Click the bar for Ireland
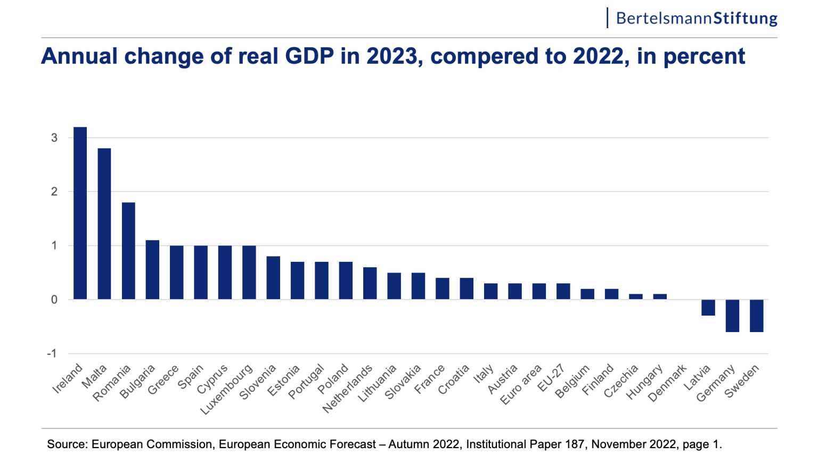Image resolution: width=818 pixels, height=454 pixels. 80,213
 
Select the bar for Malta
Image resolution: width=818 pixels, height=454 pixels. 104,224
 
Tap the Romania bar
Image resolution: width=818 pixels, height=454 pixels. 128,251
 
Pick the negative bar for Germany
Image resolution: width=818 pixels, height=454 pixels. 732,316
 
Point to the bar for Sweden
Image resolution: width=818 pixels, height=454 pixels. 756,316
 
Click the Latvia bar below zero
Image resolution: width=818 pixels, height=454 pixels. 708,308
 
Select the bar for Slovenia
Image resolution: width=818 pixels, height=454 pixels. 273,278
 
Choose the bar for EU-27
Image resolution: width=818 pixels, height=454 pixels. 563,291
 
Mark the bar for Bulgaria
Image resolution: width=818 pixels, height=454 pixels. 152,270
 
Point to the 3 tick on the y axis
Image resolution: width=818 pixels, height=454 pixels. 54,138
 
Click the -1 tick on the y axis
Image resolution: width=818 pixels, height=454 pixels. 52,354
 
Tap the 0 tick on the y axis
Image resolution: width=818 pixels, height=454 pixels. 54,300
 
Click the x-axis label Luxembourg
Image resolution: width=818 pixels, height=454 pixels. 227,390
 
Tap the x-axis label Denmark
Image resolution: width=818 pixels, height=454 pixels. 668,383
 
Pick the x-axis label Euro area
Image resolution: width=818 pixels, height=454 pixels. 521,384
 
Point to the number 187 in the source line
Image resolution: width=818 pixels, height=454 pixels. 577,444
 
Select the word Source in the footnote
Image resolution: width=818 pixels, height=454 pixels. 66,444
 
